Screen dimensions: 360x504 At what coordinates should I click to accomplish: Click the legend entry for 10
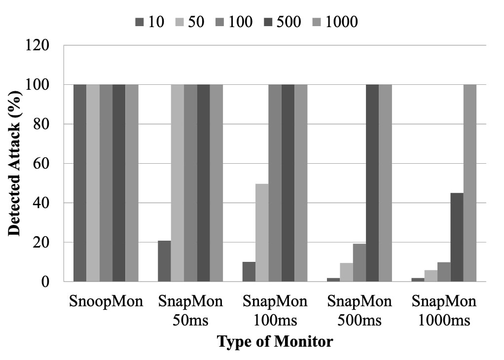[151, 22]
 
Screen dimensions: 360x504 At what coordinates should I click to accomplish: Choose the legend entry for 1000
[335, 22]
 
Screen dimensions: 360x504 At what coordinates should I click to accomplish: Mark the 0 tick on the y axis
[45, 282]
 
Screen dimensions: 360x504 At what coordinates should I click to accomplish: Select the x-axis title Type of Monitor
[275, 341]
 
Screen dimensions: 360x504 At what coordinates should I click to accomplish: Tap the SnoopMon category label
[106, 301]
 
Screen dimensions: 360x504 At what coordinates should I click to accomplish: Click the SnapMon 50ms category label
[190, 311]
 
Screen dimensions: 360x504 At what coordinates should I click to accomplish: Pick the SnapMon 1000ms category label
[444, 311]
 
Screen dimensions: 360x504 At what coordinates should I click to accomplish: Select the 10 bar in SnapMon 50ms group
[164, 261]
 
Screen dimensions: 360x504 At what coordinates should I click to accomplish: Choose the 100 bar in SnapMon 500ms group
[359, 263]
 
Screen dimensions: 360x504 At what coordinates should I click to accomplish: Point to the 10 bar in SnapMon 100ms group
[249, 272]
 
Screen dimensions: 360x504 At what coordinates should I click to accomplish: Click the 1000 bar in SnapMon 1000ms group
[469, 183]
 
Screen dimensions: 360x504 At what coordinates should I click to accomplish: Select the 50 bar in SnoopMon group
[93, 183]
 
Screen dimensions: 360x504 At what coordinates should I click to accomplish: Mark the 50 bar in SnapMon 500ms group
[346, 272]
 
